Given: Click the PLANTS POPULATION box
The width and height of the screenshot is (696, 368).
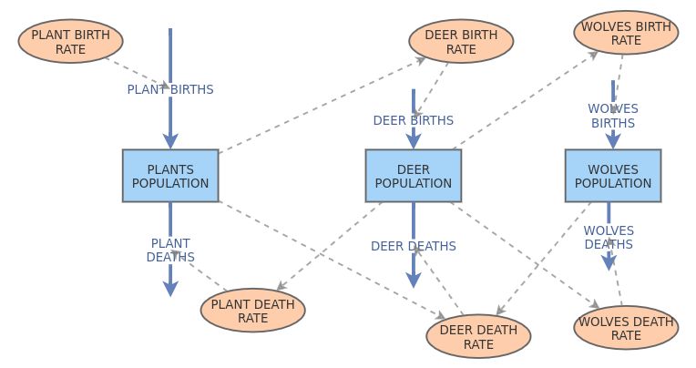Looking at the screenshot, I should coord(170,176).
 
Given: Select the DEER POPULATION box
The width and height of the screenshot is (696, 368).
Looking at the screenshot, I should coord(413,176).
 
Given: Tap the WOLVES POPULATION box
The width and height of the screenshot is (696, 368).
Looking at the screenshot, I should coord(613,176).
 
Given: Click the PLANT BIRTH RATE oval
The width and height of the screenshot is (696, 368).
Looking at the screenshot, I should coord(71,41).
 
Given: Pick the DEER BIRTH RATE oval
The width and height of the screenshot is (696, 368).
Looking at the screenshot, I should coord(462,42).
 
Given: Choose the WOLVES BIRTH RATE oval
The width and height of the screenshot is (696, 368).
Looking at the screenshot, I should coord(626,33).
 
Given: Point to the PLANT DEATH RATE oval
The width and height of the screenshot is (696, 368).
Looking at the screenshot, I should coord(253,311).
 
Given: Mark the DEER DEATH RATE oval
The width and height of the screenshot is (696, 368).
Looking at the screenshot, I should coord(478,337).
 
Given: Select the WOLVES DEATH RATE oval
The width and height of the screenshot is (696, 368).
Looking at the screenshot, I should coord(626,328).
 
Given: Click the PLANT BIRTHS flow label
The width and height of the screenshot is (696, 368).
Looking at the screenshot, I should coord(170,89).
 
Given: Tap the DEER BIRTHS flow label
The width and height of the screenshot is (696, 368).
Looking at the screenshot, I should coord(413,120).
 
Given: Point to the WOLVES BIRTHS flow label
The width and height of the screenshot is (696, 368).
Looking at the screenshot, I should coord(613,116).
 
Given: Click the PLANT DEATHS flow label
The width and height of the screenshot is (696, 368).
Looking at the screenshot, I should coord(170,250).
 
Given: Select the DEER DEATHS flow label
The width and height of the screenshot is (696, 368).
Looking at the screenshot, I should coord(413,246).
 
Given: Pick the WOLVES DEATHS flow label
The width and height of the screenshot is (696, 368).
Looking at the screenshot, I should coord(609,237).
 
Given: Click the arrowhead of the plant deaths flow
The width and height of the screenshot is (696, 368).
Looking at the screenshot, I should coord(170,287).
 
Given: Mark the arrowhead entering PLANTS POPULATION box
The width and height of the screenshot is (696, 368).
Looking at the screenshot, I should coord(170,140).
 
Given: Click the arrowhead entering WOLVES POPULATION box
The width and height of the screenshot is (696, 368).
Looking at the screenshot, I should coord(613,140).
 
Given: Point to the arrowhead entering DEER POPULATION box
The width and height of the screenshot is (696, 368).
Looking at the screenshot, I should coord(413,140).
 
